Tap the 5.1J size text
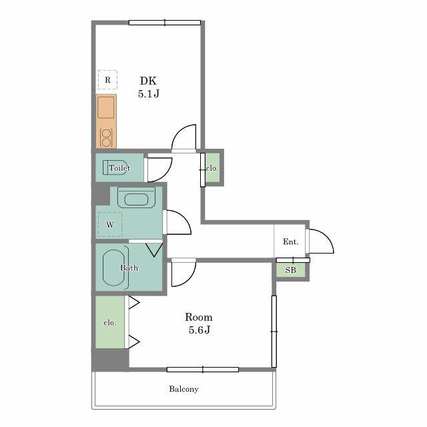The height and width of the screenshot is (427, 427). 148,94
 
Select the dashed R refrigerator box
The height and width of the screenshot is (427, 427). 107,79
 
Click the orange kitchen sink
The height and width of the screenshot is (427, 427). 107,109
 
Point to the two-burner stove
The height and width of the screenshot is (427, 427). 106,137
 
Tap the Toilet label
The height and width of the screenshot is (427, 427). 119,168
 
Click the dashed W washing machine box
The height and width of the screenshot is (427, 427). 110,224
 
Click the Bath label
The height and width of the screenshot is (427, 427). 129,268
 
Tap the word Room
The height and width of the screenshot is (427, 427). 199,317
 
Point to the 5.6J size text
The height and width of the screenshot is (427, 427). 199,330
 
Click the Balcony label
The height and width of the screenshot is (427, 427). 183,389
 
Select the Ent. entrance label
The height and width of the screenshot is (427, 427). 290,242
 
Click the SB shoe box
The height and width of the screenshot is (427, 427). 291,270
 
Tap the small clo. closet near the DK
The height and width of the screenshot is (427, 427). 212,169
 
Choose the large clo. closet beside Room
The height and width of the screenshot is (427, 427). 110,322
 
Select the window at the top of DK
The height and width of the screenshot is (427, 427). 165,22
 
